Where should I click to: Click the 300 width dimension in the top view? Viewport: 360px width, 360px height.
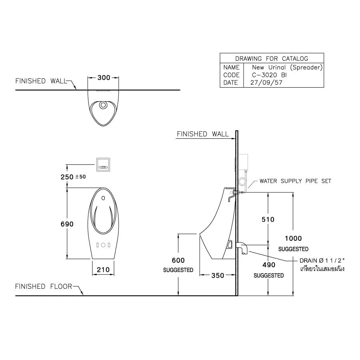tap(104, 78)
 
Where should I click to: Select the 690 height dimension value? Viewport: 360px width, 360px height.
tap(67, 224)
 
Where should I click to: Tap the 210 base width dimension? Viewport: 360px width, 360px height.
tap(103, 270)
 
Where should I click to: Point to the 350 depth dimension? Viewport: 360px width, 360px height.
tap(217, 275)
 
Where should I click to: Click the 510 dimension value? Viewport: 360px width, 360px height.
tap(268, 219)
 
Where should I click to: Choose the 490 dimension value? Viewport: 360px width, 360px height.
tap(268, 265)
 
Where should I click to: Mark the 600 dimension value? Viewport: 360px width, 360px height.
tap(178, 260)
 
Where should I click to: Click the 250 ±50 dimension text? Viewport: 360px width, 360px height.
tap(73, 176)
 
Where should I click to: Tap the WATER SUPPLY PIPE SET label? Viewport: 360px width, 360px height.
tap(295, 181)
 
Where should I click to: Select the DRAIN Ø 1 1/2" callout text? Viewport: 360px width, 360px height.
tap(322, 260)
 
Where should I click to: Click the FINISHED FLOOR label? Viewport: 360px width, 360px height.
tap(44, 286)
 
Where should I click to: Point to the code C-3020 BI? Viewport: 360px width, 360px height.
tap(269, 75)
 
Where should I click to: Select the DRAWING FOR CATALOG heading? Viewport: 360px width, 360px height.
tap(272, 58)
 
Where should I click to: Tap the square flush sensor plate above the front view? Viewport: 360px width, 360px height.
tap(104, 164)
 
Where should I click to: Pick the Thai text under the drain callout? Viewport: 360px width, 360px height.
tap(322, 269)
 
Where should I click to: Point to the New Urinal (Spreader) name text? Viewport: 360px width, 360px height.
tap(287, 67)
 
